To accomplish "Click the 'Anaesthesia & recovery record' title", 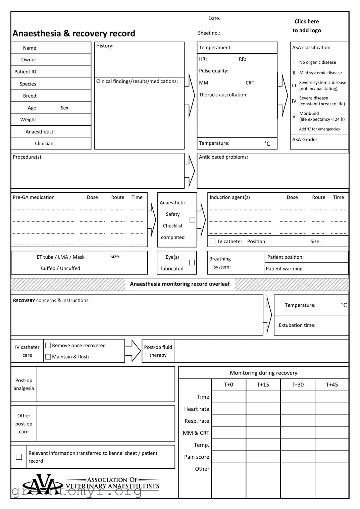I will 74,34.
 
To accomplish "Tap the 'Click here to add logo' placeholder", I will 307,26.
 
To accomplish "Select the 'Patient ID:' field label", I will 26,72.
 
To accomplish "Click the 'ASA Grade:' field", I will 305,140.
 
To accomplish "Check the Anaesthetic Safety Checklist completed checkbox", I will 192,220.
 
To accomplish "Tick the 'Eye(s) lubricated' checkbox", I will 192,262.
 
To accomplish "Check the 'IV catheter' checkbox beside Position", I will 212,242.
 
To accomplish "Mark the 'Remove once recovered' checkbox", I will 48,346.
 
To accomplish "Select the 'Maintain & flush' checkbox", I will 48,357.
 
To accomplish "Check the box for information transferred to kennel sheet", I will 19,457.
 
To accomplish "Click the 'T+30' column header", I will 297,385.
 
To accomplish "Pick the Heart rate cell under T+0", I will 228,409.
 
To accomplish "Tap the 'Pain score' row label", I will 197,457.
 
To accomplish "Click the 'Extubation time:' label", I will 297,325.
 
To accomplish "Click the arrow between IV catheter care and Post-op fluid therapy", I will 134,351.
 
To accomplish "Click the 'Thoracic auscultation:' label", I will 223,95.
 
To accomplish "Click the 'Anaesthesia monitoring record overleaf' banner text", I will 180,284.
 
